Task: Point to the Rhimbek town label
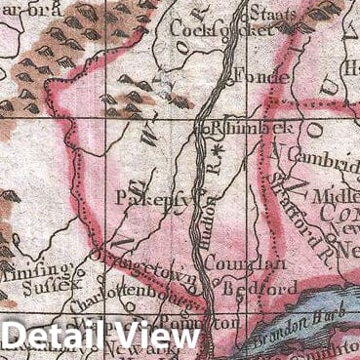(233, 127)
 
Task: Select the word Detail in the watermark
(56, 338)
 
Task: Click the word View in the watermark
(156, 338)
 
